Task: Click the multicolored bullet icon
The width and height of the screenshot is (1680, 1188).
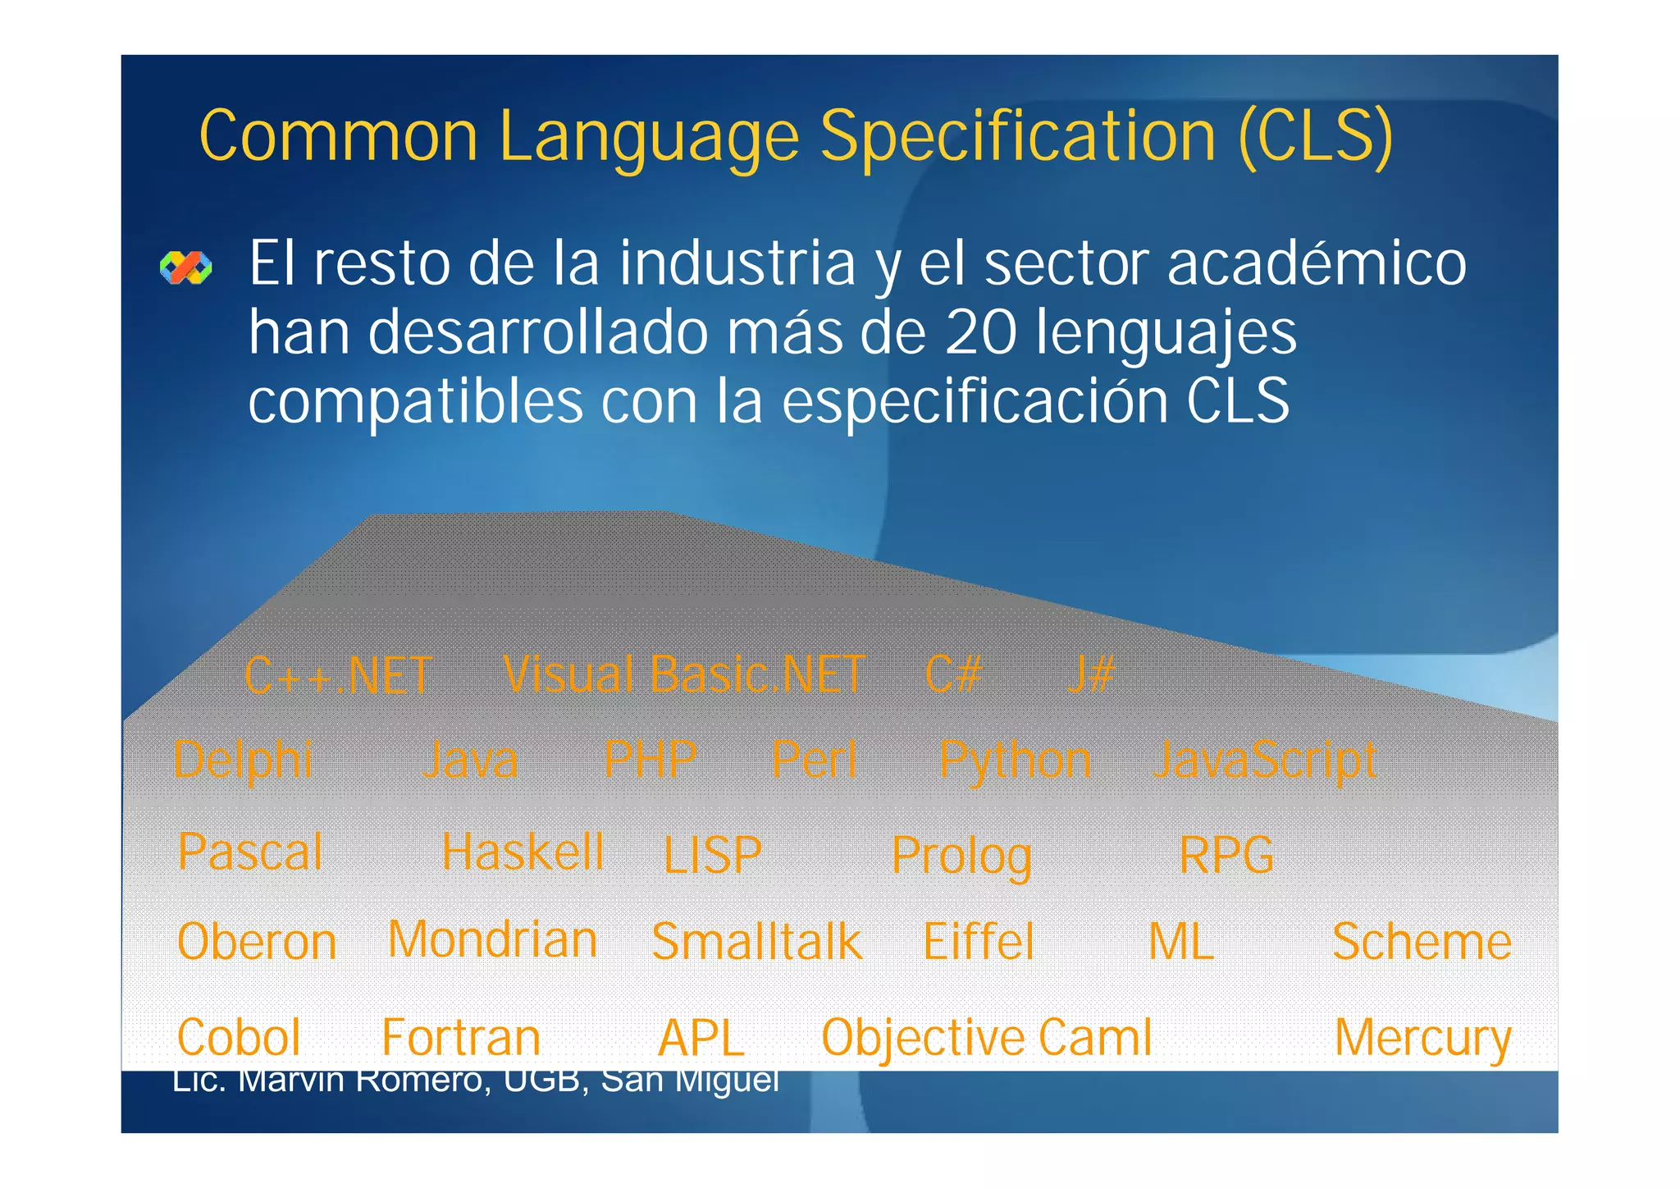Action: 186,267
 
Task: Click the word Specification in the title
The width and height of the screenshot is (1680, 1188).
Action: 1018,137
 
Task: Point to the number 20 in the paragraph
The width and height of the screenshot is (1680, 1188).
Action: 981,332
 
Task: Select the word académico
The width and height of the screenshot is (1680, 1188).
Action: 1316,263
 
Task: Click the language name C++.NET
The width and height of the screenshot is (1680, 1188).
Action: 338,676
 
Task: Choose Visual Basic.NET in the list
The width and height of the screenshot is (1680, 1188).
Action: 684,674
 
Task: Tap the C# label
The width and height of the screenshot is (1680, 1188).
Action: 953,674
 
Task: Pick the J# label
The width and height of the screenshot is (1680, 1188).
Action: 1091,674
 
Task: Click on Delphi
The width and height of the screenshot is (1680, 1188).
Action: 244,760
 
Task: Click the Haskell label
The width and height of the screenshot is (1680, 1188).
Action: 523,852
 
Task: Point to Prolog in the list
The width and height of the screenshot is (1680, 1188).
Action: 961,857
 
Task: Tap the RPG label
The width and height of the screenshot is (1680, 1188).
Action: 1226,855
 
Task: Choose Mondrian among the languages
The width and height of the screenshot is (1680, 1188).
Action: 492,939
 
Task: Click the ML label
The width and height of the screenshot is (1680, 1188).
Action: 1180,942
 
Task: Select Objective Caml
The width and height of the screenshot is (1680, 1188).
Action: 987,1038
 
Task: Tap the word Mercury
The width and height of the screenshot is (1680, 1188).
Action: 1422,1038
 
